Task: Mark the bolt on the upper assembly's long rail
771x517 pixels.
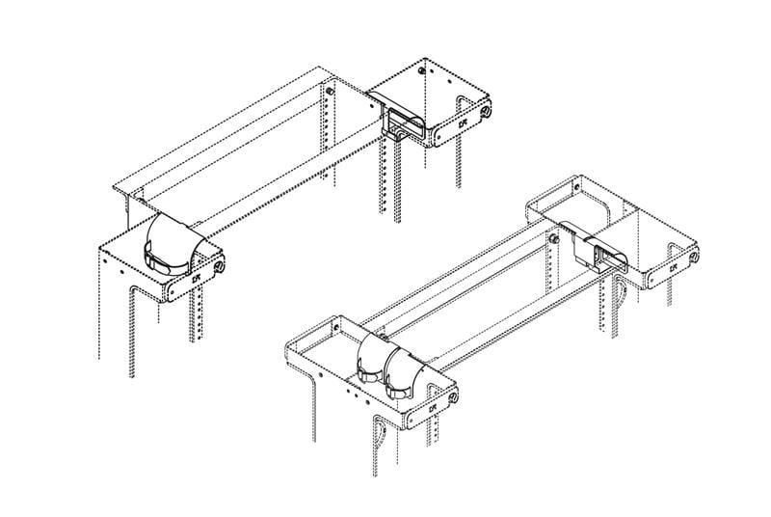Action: (331, 90)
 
